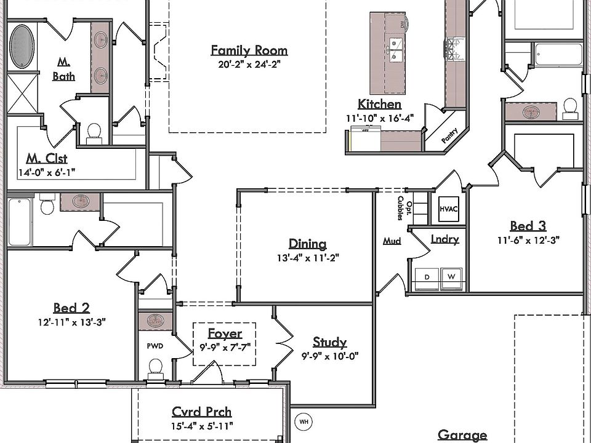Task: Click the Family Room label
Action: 249,50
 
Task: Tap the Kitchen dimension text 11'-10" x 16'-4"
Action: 380,118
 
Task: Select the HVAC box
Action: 449,209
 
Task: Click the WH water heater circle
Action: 304,421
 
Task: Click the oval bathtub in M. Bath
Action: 22,47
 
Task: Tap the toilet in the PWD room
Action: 155,369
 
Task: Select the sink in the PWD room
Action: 155,321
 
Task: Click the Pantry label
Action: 449,135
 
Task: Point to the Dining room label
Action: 308,244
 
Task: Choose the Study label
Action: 329,342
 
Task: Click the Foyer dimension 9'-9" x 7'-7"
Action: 225,347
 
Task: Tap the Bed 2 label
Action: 71,308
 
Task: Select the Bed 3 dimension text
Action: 528,240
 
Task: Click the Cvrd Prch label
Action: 202,412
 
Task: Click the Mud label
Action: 392,241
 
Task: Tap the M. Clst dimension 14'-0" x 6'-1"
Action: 47,172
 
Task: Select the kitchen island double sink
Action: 395,50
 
